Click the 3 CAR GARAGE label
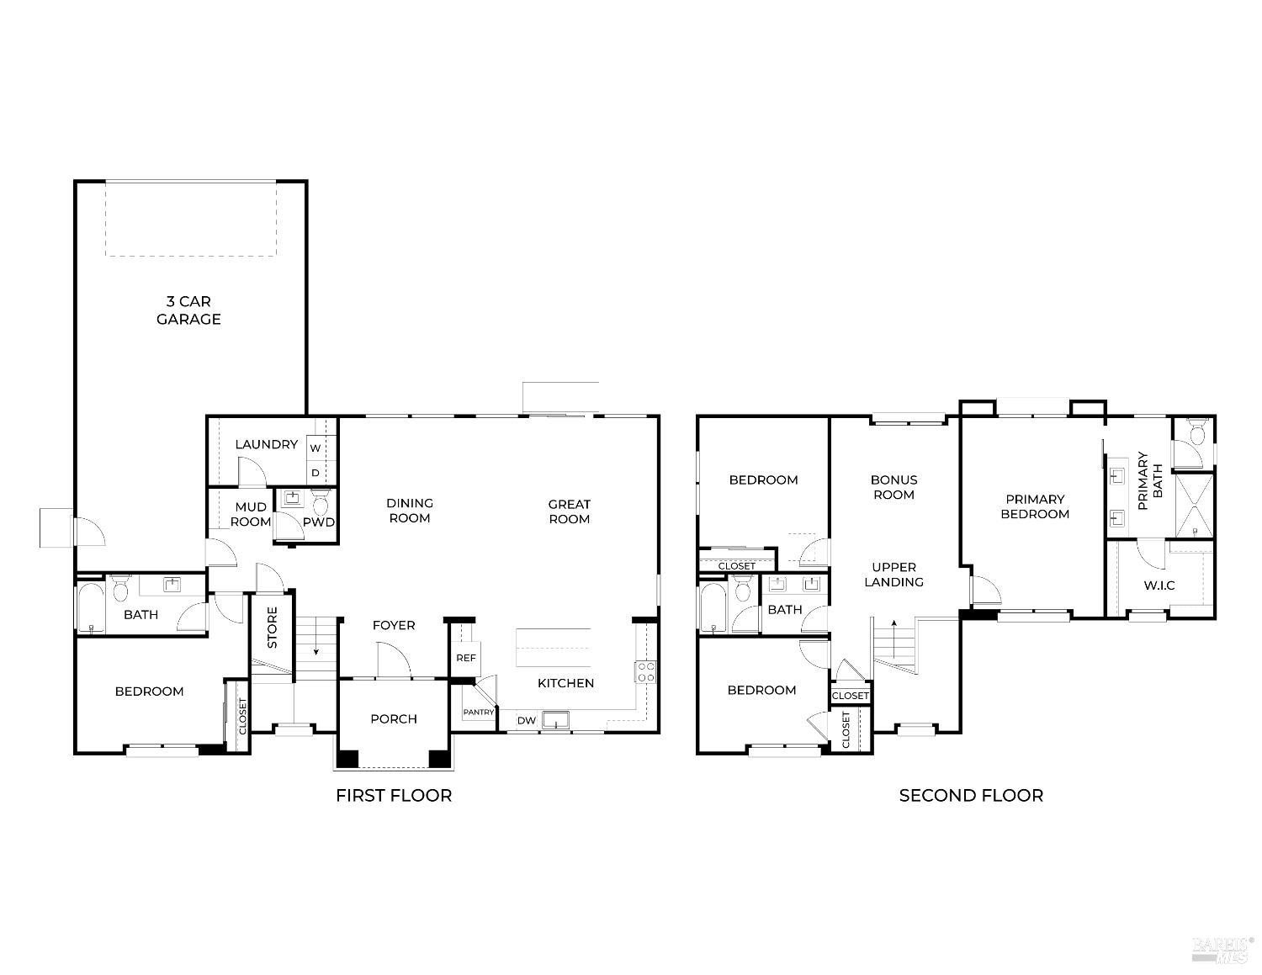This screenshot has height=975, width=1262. point(188,310)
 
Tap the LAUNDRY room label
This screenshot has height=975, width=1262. point(267,444)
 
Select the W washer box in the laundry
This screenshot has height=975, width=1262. point(315,448)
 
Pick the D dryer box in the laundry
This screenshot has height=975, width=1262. point(315,473)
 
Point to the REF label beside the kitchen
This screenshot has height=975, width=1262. point(466,658)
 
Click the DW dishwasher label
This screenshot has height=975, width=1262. point(526,721)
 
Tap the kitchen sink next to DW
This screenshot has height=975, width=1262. point(556,720)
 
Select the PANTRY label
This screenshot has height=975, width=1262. point(479,712)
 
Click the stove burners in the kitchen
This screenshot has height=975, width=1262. point(646,672)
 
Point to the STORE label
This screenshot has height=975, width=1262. point(272,628)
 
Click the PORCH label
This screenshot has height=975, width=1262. point(394,719)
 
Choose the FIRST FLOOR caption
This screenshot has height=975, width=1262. point(394,796)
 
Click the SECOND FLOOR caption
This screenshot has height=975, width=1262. point(971,796)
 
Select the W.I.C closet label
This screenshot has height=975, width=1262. point(1159,586)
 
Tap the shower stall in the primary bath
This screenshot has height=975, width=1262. point(1195,506)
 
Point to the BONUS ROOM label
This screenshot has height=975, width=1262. point(893,487)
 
